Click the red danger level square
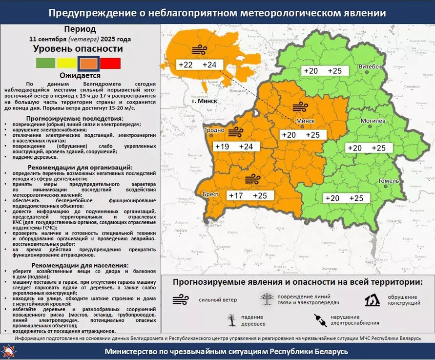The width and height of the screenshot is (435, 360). pyautogui.click(x=110, y=63)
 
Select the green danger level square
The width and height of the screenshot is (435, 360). pyautogui.click(x=45, y=63)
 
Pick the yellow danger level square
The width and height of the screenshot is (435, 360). pyautogui.click(x=67, y=63)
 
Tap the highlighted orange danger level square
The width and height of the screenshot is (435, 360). pyautogui.click(x=88, y=63)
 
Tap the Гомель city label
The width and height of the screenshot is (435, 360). pyautogui.click(x=389, y=181)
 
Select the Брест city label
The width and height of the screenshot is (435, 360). pyautogui.click(x=211, y=194)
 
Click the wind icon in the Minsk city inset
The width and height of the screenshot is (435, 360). pyautogui.click(x=199, y=49)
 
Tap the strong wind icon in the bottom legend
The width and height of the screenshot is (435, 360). pyautogui.click(x=181, y=299)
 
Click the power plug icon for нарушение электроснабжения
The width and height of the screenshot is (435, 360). pyautogui.click(x=320, y=320)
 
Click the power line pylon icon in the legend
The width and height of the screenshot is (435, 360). pyautogui.click(x=267, y=299)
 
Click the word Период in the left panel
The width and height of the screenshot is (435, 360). pyautogui.click(x=80, y=29)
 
